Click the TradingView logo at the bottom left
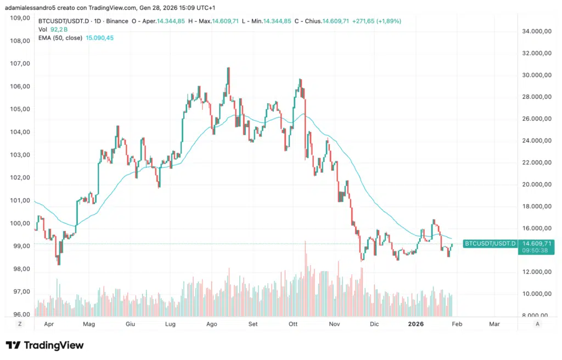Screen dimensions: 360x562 pos(45,345)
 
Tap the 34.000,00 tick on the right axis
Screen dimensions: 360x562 pos(536,31)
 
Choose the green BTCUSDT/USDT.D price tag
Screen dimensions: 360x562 pos(490,243)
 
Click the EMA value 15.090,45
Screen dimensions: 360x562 pos(100,38)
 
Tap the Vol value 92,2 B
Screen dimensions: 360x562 pos(59,30)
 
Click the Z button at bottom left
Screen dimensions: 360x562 pos(20,324)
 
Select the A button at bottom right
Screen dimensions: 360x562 pos(537,324)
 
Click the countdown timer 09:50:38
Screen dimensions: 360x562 pos(535,250)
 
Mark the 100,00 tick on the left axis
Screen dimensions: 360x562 pos(20,223)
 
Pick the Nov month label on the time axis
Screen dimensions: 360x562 pos(335,324)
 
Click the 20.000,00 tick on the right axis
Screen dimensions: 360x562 pos(536,185)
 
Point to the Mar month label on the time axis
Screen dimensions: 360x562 pos(494,324)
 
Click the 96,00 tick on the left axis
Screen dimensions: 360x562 pos(20,314)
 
